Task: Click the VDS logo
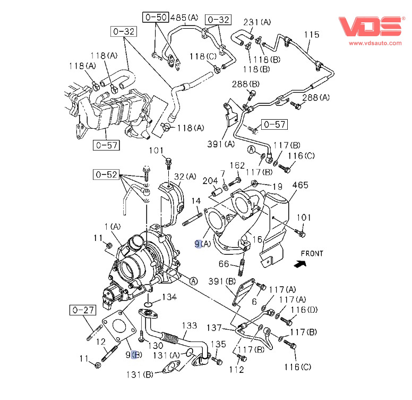pos(371,26)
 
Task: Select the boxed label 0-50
pos(155,18)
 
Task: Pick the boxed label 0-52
pos(105,174)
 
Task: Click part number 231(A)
pos(257,22)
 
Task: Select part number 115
pos(312,35)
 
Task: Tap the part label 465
pos(300,185)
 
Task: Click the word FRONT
pos(312,254)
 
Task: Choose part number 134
pos(169,297)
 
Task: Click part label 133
pos(190,325)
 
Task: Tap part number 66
pos(225,264)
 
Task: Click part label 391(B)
pos(223,281)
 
